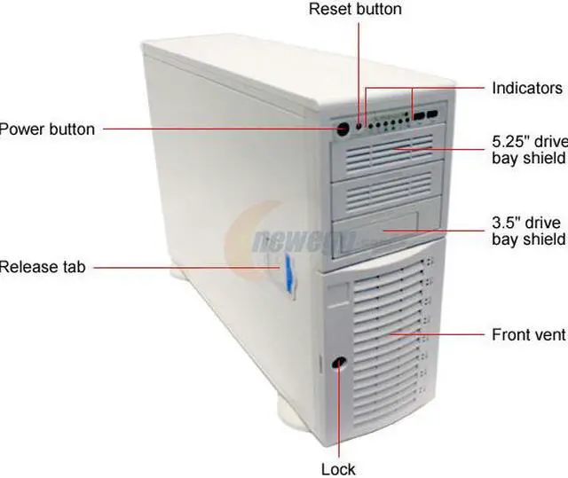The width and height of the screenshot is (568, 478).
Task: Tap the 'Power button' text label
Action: point(46,129)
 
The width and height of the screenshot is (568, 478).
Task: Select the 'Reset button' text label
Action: point(355,10)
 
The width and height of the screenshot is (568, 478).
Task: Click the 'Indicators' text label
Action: point(527,89)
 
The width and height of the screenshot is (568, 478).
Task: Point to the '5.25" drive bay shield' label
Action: point(529,150)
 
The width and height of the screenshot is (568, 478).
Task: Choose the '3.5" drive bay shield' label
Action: point(529,231)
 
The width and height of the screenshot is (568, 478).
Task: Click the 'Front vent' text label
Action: point(529,335)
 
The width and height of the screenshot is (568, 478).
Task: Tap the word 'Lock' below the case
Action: point(337,469)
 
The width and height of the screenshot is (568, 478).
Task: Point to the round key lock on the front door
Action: point(337,364)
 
